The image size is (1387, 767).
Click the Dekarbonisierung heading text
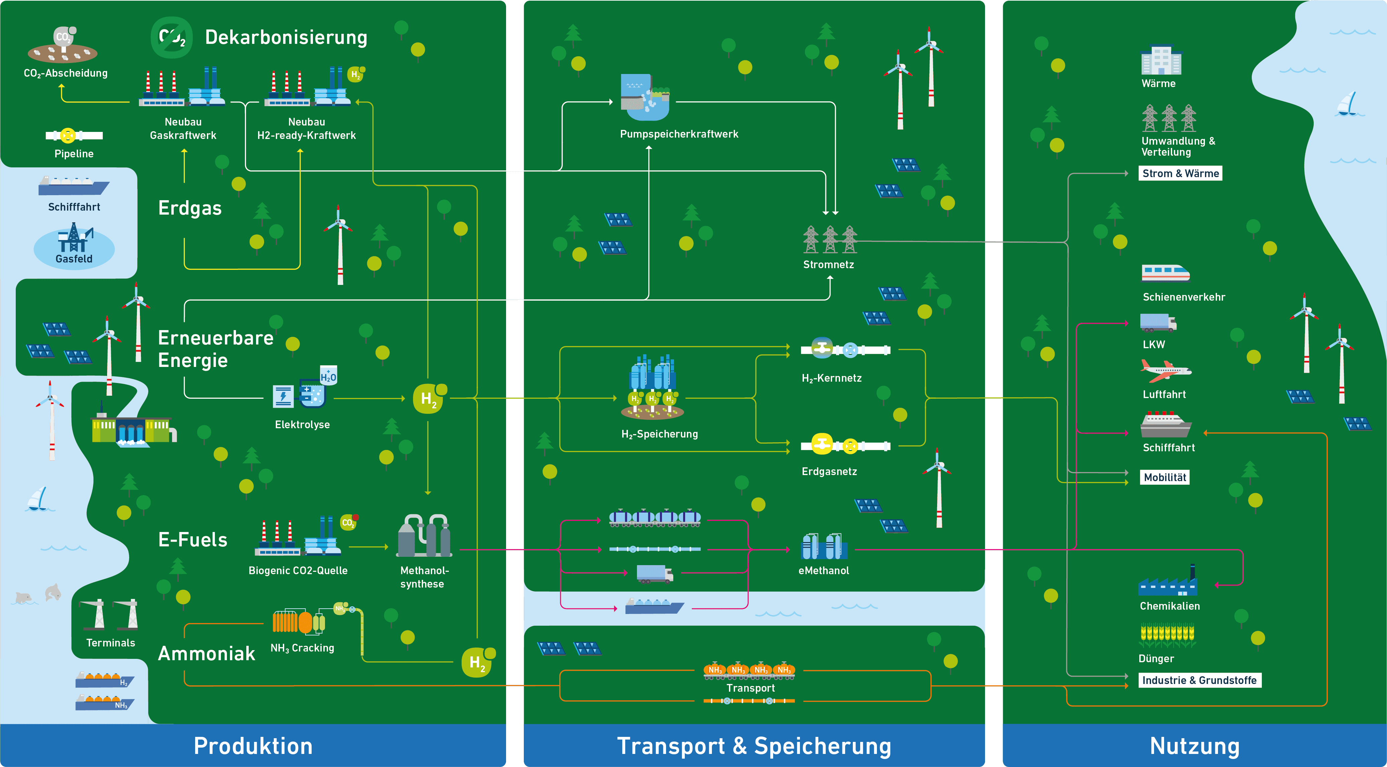pos(286,37)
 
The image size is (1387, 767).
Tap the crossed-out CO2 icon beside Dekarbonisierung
pos(172,37)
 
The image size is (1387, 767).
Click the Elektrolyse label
pos(302,425)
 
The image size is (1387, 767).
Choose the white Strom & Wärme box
pos(1180,173)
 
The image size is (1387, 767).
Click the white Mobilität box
pos(1165,477)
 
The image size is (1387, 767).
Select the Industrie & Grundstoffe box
pos(1199,680)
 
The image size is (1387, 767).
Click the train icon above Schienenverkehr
pos(1165,273)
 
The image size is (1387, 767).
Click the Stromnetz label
pos(828,264)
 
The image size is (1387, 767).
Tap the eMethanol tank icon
pos(824,546)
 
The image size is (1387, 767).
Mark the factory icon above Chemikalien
pos(1168,582)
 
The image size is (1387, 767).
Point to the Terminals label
pos(110,642)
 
